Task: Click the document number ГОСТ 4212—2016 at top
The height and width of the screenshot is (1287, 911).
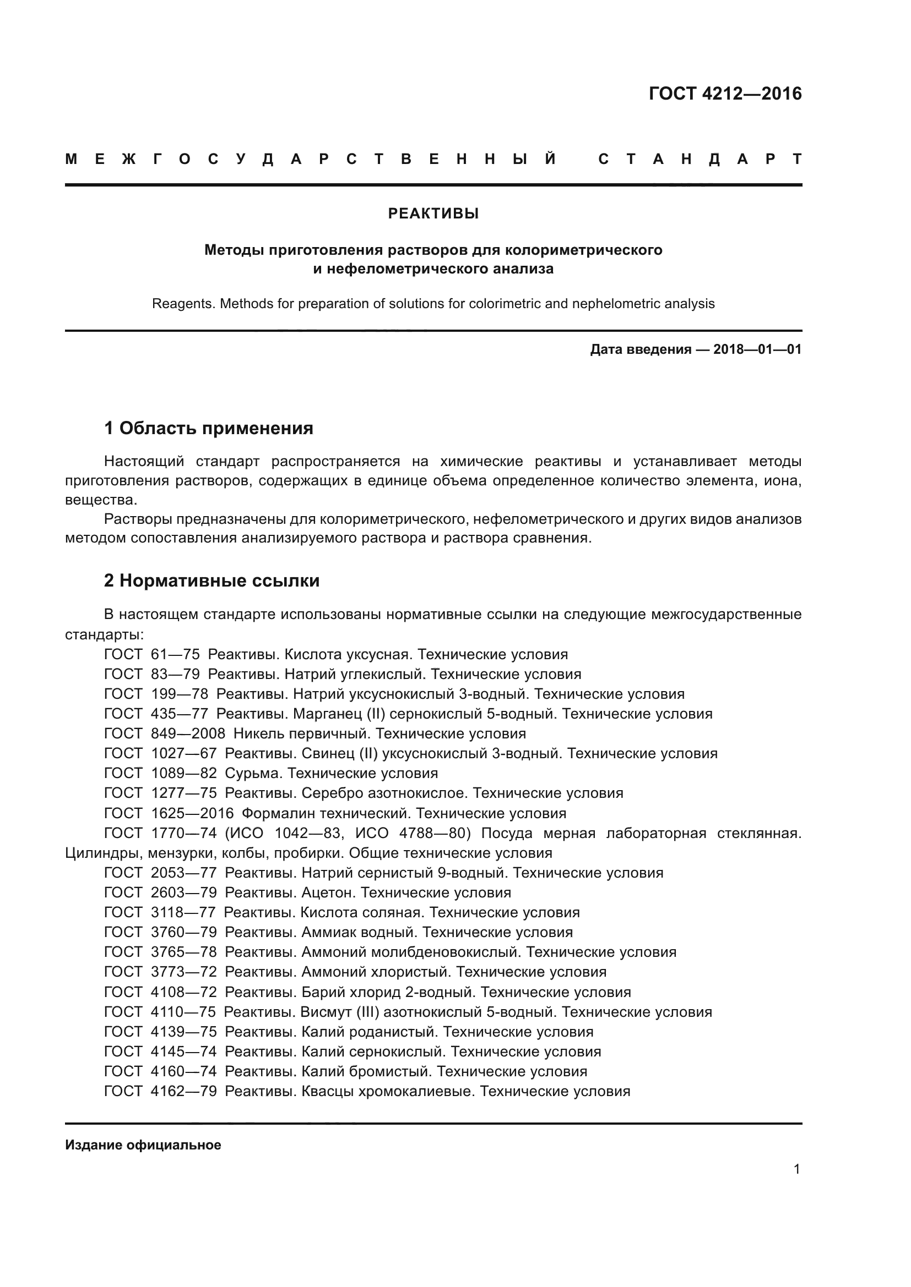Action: [725, 94]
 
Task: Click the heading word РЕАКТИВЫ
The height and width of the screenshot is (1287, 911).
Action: [433, 213]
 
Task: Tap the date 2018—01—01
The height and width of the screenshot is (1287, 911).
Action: [757, 350]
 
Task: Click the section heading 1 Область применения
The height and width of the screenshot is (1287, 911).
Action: [209, 429]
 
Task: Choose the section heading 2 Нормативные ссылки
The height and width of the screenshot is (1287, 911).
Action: [212, 580]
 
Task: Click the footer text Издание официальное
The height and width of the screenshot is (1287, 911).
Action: [143, 1144]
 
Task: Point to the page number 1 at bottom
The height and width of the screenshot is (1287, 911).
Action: [796, 1169]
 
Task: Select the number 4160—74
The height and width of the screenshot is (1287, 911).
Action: [183, 1071]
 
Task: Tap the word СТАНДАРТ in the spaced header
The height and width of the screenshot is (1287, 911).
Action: [699, 160]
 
